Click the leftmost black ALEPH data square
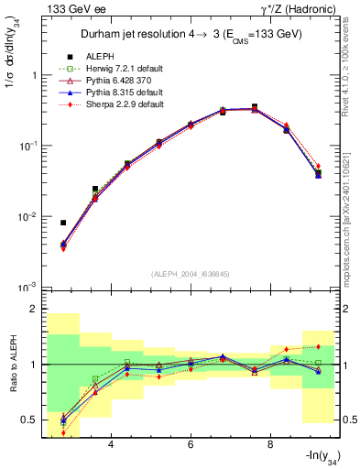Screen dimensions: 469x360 point(63,223)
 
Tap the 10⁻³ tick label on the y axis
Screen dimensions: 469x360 point(29,288)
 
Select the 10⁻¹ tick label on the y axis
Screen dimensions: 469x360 point(29,146)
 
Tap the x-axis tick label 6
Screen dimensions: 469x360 point(190,444)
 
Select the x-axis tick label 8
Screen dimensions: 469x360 point(269,444)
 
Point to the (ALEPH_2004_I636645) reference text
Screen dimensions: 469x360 point(190,274)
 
